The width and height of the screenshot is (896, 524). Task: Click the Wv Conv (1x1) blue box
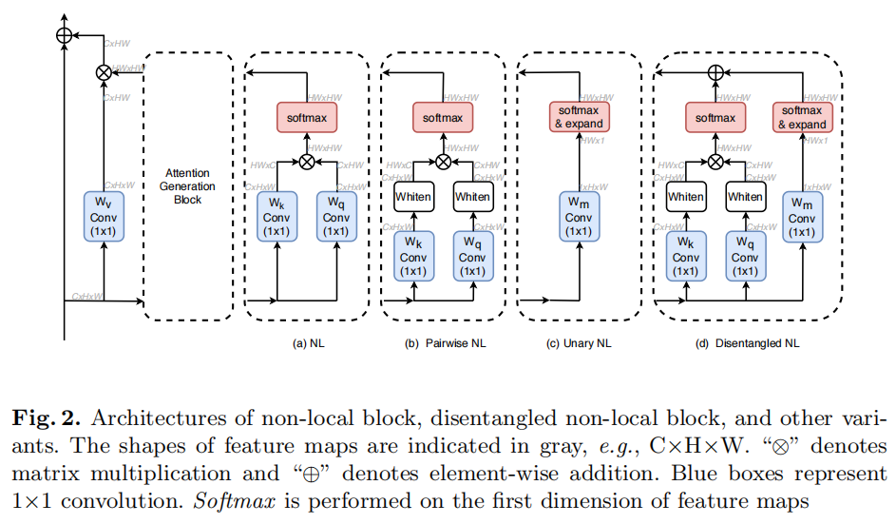(103, 217)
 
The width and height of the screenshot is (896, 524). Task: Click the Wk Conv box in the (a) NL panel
(276, 217)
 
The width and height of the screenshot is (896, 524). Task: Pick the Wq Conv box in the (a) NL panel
(335, 217)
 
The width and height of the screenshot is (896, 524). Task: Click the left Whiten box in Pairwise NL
(413, 197)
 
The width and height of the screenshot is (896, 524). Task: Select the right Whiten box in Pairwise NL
(472, 197)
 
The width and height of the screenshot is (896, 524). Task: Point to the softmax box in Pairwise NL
(443, 118)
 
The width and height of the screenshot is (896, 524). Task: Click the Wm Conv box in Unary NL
(578, 217)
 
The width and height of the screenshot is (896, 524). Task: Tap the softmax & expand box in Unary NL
(578, 118)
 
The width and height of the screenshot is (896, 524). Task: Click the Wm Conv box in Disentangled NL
(802, 217)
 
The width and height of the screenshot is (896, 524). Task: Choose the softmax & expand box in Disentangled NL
(802, 118)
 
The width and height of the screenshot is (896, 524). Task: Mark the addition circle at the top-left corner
(64, 34)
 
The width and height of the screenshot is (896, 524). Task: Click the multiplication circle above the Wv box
(103, 72)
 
